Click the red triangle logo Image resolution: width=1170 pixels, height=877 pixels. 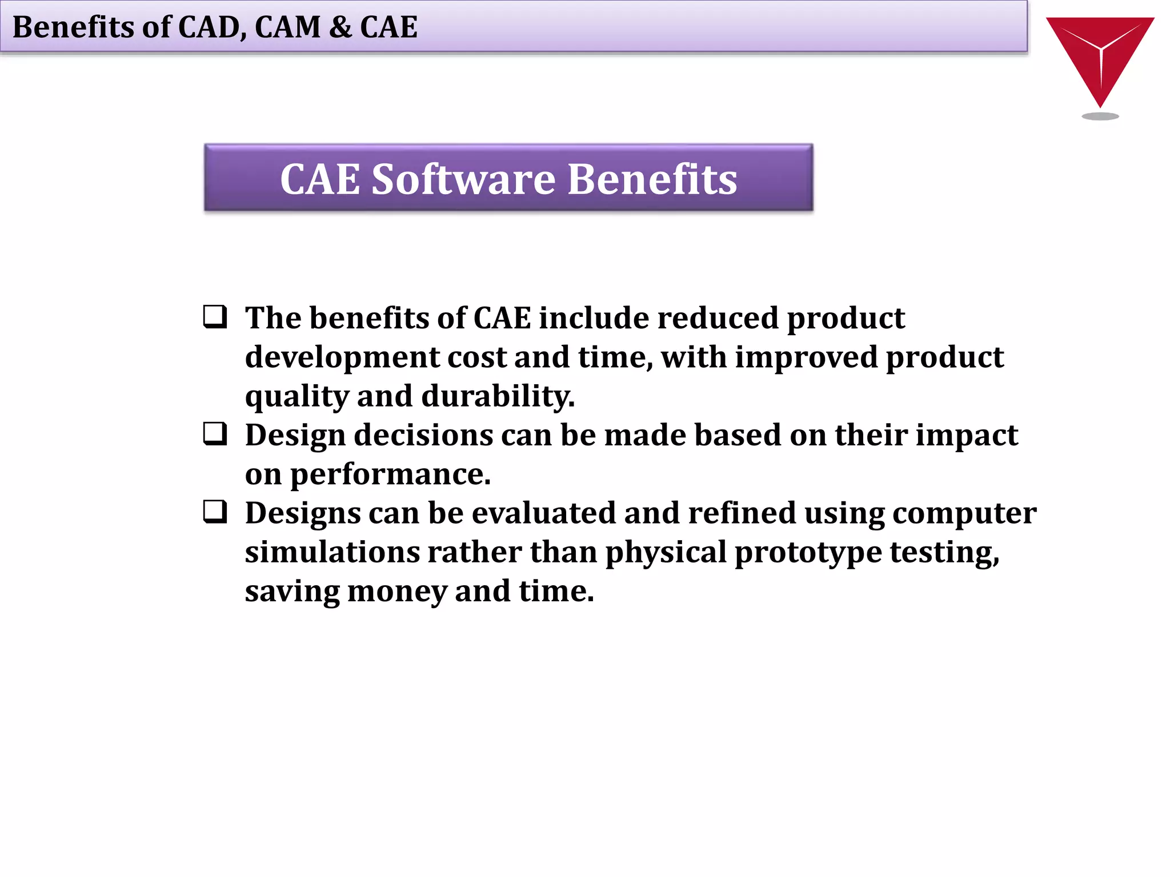click(1100, 54)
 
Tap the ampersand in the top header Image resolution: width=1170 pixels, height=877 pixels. click(340, 27)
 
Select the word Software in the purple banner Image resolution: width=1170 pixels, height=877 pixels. click(463, 179)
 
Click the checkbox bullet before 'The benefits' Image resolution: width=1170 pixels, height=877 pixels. click(215, 317)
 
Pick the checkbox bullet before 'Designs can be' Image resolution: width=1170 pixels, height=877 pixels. click(215, 512)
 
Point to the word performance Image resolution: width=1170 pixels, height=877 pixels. click(390, 474)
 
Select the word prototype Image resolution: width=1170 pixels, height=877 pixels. click(808, 552)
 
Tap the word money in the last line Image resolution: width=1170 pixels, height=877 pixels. click(396, 591)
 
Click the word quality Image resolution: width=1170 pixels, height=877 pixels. click(296, 396)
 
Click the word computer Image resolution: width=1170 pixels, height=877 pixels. click(964, 513)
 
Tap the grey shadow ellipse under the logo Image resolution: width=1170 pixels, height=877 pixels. click(1100, 116)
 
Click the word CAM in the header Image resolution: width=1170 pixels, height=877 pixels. click(287, 27)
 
